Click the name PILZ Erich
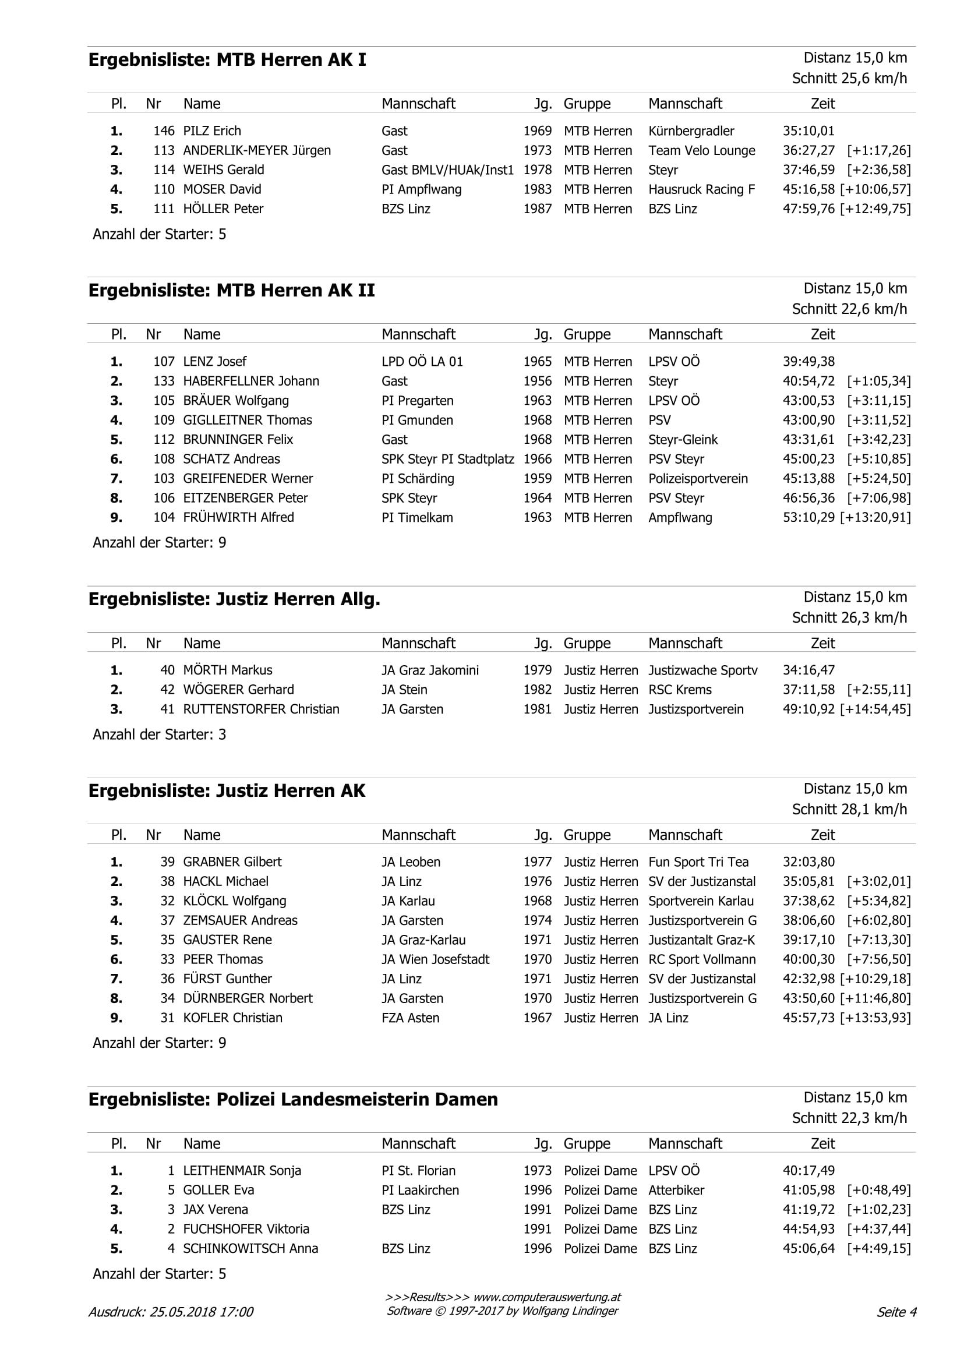212,130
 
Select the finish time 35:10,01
808,130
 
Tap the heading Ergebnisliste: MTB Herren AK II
231,290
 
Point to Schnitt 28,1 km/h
849,809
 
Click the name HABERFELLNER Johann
250,381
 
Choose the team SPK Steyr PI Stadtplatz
447,459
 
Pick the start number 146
164,130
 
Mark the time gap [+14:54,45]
875,709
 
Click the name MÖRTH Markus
227,670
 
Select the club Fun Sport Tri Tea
698,862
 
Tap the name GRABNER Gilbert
232,862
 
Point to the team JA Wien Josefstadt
435,959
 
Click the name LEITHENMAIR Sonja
242,1171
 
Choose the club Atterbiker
676,1190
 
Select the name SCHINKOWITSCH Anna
250,1248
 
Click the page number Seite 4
896,1312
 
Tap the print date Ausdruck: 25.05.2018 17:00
171,1312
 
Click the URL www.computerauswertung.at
547,1297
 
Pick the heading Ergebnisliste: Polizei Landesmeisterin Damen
292,1099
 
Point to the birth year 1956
537,381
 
